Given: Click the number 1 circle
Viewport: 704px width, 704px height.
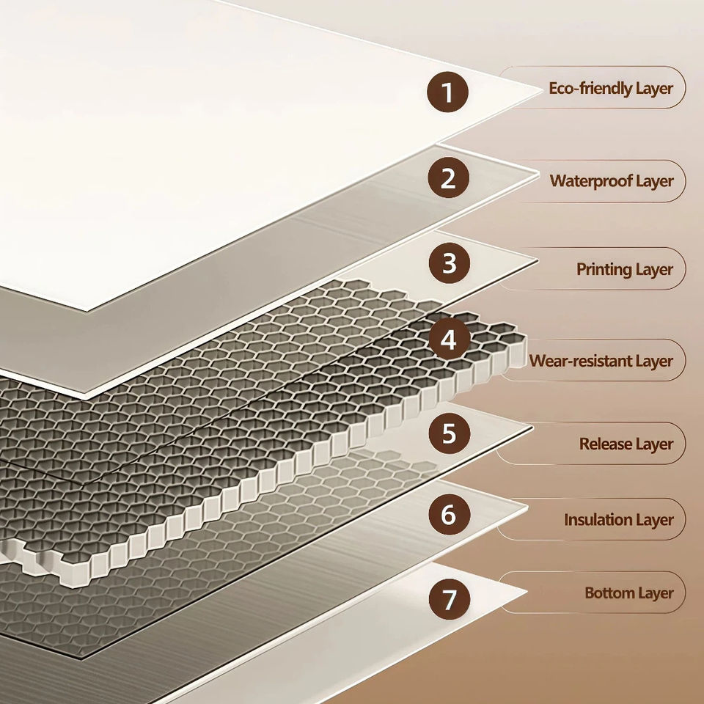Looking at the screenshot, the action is coord(448,93).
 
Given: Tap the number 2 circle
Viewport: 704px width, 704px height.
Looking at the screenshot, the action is coord(449,178).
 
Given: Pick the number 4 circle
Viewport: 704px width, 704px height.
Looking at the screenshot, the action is coord(449,340).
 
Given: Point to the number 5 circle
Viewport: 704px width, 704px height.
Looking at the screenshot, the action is coord(449,434).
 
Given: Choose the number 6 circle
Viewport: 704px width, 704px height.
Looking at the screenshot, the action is coord(449,515).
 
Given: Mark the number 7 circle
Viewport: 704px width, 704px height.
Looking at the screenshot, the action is coord(449,599).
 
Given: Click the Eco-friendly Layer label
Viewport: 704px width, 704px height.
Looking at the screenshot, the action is coord(611,89).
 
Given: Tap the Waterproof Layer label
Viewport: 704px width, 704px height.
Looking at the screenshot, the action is coord(612,180).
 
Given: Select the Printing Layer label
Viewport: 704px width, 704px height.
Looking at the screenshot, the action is coord(624,269).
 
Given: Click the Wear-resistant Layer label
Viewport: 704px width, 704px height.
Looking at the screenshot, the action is coord(601,361).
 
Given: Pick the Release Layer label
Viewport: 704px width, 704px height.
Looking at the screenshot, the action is coord(626,444).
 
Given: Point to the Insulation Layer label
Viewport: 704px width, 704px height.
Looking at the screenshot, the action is coord(618,520).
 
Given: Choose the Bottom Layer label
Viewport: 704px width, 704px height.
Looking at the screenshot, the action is coord(628,593).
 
